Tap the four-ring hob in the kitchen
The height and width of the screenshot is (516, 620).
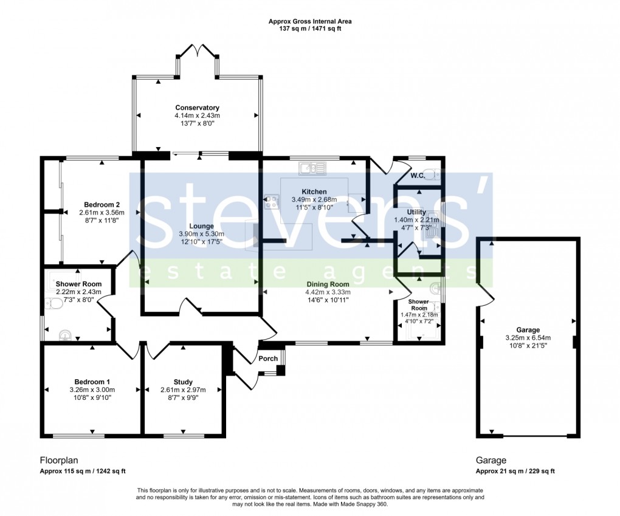click(272, 202)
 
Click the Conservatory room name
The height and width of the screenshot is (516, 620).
click(198, 108)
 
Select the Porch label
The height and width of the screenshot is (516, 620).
click(268, 359)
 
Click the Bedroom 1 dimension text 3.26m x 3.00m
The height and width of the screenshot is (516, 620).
click(92, 390)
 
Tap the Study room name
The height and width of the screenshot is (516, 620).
click(183, 382)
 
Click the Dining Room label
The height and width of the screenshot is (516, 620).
click(327, 284)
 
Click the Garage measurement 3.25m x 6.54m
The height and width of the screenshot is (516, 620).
click(528, 338)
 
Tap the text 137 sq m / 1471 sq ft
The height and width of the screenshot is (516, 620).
click(310, 29)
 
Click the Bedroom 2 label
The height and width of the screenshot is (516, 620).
click(102, 204)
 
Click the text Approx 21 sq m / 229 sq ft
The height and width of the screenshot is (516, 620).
click(515, 472)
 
